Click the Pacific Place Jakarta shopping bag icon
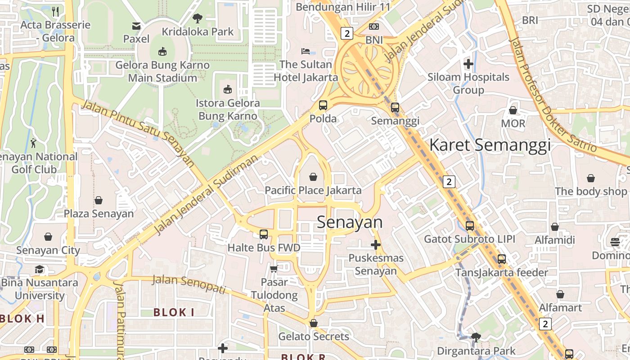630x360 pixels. [x=313, y=177]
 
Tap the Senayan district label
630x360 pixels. [x=350, y=222]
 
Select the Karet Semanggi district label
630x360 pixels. [x=490, y=145]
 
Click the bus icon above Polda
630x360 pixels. [x=323, y=105]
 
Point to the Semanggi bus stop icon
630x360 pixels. [x=395, y=108]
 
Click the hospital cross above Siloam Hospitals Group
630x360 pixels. [x=468, y=64]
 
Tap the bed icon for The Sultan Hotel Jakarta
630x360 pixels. [x=306, y=51]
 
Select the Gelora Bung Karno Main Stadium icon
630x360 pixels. [x=162, y=52]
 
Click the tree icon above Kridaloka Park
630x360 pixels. [x=197, y=18]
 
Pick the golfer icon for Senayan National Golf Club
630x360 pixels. [x=34, y=144]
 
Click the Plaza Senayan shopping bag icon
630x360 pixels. [x=99, y=200]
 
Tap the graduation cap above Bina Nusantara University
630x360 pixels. [x=40, y=270]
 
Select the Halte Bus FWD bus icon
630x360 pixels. [x=264, y=234]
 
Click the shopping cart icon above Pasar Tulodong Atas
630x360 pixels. [x=274, y=269]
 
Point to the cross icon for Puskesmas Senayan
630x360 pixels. [x=376, y=245]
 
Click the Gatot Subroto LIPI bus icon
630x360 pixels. [x=470, y=226]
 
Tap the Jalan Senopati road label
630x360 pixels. [x=189, y=284]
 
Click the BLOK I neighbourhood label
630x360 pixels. [x=174, y=312]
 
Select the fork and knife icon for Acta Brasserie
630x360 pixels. [x=55, y=11]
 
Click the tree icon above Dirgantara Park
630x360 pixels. [x=476, y=337]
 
